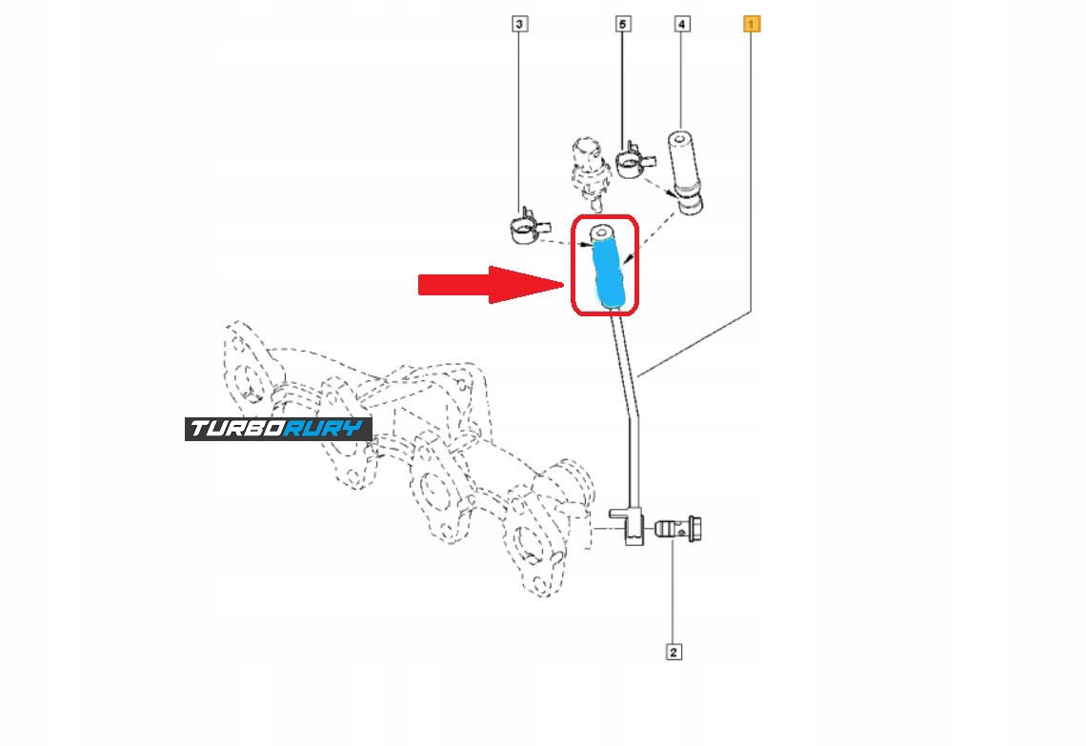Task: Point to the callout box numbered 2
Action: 673,653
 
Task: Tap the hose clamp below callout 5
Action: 630,164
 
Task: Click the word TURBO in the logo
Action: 238,429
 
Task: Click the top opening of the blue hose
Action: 601,232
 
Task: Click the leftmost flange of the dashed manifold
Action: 246,367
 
